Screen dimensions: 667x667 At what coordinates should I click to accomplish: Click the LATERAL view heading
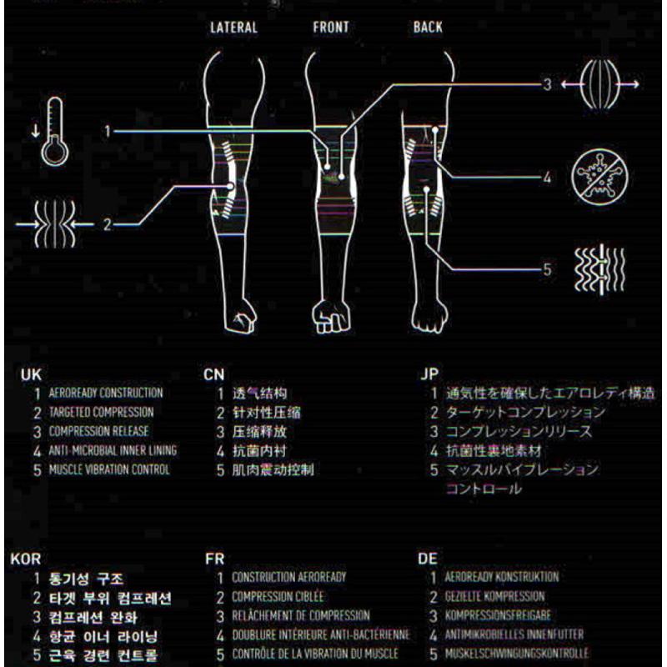(233, 28)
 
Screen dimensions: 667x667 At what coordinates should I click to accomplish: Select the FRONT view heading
(331, 28)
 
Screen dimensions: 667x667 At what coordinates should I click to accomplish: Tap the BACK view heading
(428, 28)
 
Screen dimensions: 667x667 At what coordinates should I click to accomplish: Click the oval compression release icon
(599, 84)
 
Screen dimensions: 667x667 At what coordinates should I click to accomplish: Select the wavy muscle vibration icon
(599, 269)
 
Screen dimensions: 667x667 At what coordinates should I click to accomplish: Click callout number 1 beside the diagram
(108, 130)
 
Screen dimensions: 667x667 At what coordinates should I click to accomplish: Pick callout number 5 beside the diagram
(547, 269)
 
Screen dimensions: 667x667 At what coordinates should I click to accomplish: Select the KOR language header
(26, 559)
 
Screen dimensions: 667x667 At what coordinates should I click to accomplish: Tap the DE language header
(428, 559)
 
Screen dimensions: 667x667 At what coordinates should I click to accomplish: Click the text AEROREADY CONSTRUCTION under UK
(106, 393)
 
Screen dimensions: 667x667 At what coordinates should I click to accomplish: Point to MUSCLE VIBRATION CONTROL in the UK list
(109, 469)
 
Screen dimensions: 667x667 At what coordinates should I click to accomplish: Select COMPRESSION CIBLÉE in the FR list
(278, 597)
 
